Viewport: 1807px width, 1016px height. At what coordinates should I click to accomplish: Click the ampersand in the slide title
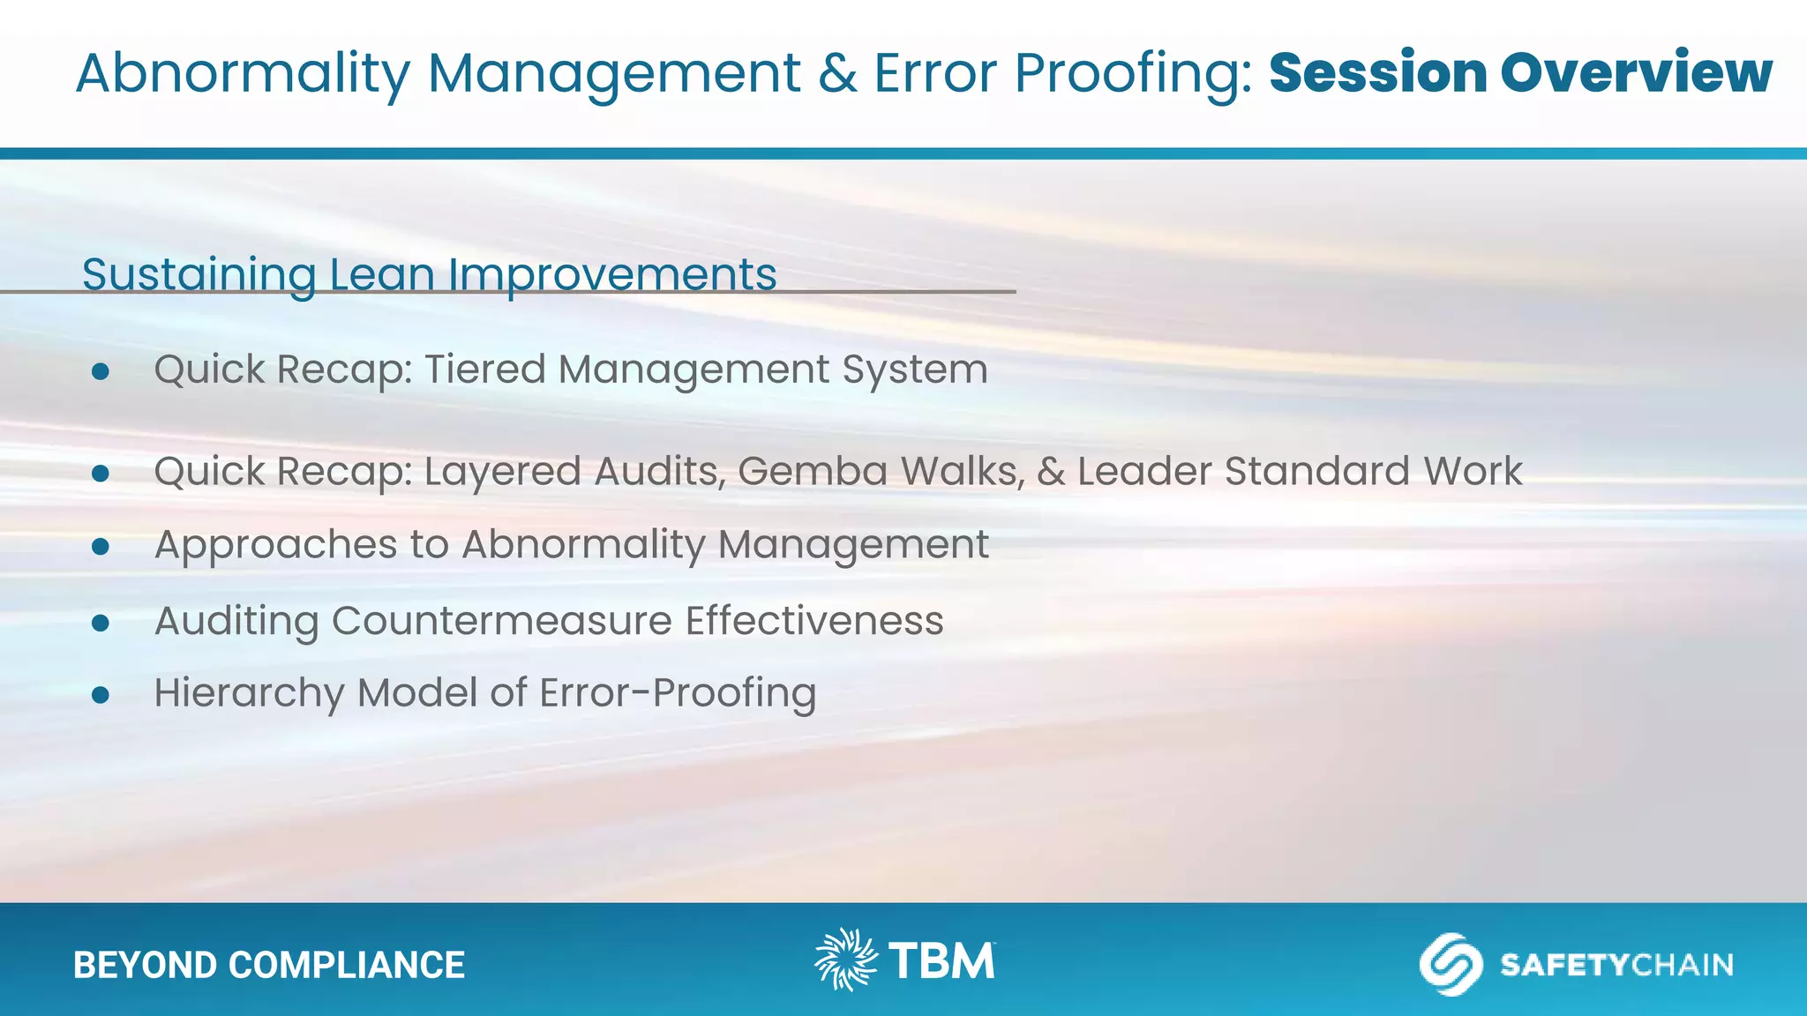click(836, 72)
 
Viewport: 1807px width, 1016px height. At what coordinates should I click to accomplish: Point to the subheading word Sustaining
click(199, 274)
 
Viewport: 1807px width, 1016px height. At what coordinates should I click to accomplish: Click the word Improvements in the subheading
click(612, 274)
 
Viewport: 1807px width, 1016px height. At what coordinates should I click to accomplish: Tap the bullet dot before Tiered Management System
click(101, 371)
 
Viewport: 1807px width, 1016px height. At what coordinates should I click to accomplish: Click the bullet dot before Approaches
click(101, 548)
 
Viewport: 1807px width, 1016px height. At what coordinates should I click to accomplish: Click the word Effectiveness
click(814, 620)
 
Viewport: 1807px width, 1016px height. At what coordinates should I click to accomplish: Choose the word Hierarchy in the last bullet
click(249, 693)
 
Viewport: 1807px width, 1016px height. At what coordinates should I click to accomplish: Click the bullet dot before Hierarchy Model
click(101, 695)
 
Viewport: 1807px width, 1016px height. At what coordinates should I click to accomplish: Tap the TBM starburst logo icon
click(845, 960)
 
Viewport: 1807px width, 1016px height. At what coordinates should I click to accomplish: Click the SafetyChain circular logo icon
click(1451, 964)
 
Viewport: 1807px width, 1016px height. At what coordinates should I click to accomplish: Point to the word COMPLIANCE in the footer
click(346, 965)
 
